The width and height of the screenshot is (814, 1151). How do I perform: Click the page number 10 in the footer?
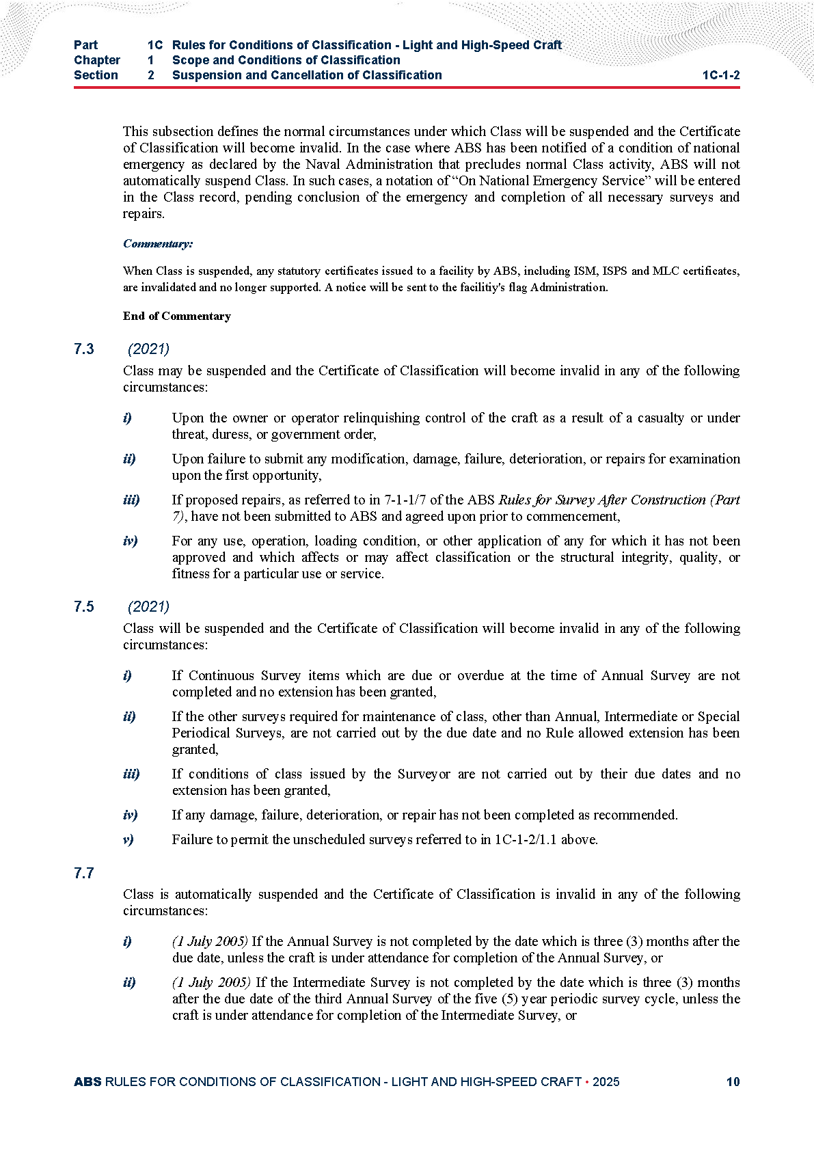tap(733, 1082)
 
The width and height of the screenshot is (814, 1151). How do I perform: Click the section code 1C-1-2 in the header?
tap(720, 75)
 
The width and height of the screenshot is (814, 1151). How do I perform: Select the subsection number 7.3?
tap(84, 349)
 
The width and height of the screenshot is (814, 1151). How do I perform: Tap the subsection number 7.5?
tap(84, 607)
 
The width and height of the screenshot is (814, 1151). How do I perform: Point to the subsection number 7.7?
tap(84, 874)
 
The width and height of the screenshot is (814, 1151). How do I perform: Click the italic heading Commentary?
tap(158, 244)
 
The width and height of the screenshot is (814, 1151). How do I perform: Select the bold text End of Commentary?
tap(176, 316)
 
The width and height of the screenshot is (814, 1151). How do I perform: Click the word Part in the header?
tap(86, 45)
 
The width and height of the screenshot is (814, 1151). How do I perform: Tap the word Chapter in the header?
tap(97, 60)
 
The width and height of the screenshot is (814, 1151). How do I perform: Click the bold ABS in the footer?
tap(87, 1082)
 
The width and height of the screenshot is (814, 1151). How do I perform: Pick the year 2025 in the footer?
tap(606, 1082)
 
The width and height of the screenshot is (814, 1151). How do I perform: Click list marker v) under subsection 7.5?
tap(128, 839)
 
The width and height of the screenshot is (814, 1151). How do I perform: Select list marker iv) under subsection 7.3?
tap(130, 541)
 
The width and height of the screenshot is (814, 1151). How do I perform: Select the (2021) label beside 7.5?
tap(148, 607)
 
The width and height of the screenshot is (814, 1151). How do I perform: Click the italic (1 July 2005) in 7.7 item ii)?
tap(211, 982)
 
